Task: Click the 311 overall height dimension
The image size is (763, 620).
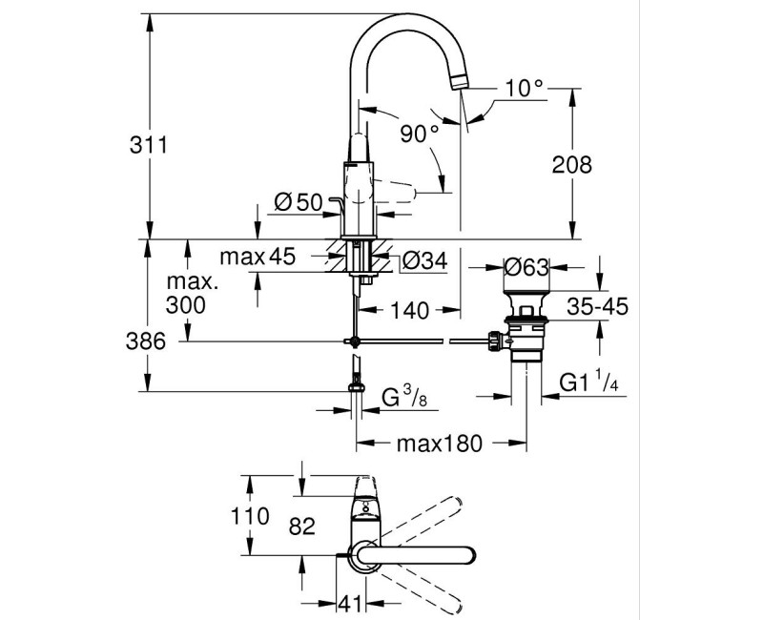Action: (x=150, y=145)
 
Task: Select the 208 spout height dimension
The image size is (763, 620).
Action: (x=571, y=164)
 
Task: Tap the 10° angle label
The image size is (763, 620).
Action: (x=525, y=88)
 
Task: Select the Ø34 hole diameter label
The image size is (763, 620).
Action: (x=423, y=258)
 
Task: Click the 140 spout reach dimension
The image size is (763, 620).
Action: (x=410, y=310)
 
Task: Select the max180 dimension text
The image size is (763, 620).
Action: (x=439, y=444)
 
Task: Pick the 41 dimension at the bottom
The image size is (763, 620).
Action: (x=353, y=603)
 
